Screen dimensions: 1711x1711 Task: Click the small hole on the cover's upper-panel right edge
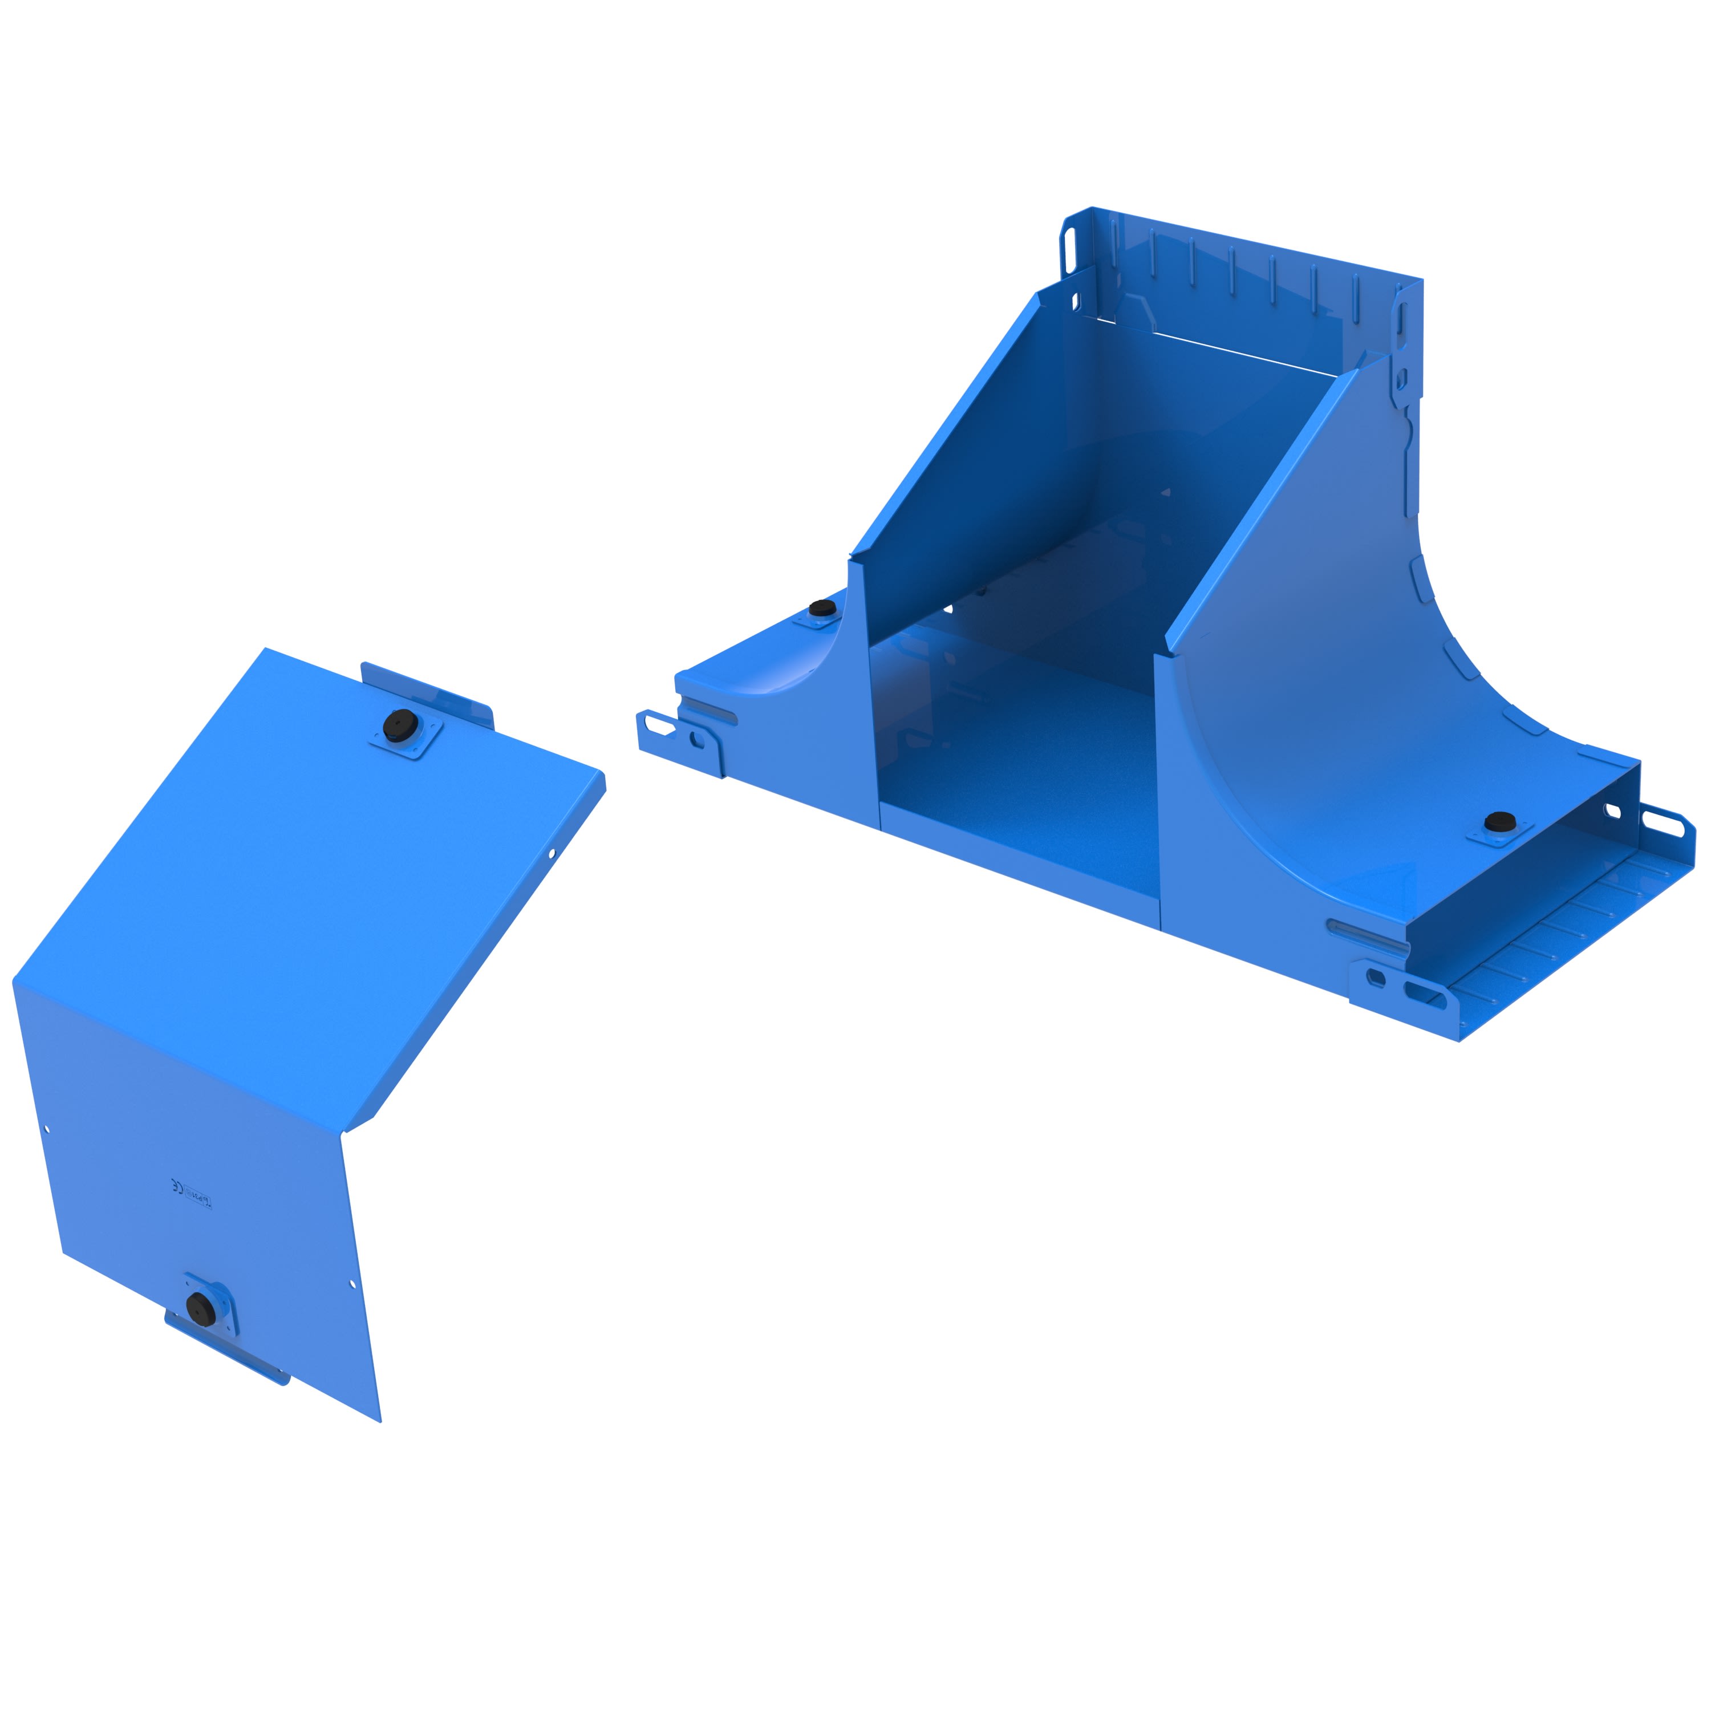[x=551, y=854]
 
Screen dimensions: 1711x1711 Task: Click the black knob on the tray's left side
[x=821, y=609]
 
